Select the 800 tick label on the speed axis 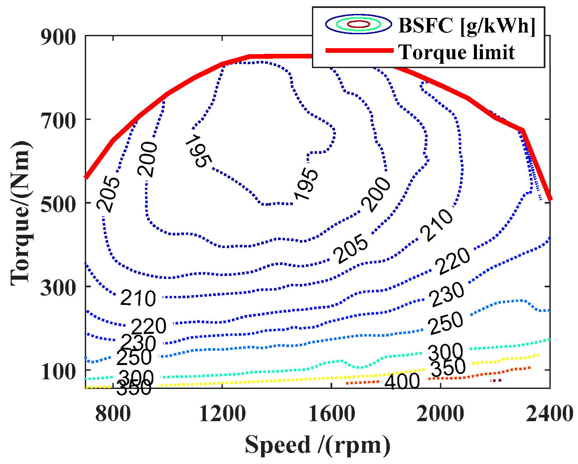click(113, 414)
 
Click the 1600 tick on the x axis click(332, 414)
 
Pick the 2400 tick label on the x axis click(549, 414)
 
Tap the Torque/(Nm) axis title click(21, 213)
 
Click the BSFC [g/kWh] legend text click(467, 25)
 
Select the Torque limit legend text click(457, 52)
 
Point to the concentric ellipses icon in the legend click(359, 24)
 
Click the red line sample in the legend click(359, 50)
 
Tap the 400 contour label click(402, 381)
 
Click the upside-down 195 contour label click(198, 151)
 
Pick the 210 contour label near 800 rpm click(138, 298)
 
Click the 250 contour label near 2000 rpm click(446, 323)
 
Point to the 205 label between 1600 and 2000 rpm click(351, 249)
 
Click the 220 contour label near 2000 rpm click(453, 261)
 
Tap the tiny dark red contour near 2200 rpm click(496, 380)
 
